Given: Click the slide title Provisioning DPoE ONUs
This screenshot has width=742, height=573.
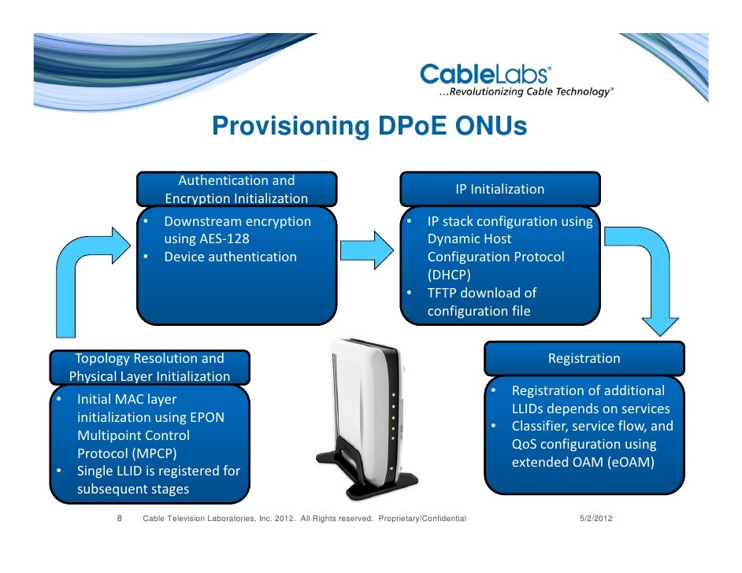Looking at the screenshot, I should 369,127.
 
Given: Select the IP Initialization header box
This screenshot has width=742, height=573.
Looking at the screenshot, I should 500,190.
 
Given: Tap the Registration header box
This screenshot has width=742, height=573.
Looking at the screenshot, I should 584,359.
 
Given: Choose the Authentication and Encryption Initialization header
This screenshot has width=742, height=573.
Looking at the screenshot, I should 236,190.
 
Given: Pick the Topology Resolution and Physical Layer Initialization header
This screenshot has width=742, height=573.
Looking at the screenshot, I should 150,367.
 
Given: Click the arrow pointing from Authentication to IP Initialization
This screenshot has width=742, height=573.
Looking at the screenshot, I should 370,248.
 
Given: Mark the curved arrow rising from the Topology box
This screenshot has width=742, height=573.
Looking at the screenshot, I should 87,275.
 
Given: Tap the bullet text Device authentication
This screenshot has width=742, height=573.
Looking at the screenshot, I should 230,257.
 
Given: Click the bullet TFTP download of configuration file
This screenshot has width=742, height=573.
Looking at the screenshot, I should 481,301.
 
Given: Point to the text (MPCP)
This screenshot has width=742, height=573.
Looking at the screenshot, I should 126,453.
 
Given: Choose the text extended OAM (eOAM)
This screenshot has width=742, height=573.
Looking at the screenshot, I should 583,463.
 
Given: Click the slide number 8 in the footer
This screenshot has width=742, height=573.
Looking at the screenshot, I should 119,519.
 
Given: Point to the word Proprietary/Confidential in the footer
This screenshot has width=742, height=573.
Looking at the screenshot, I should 422,519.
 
